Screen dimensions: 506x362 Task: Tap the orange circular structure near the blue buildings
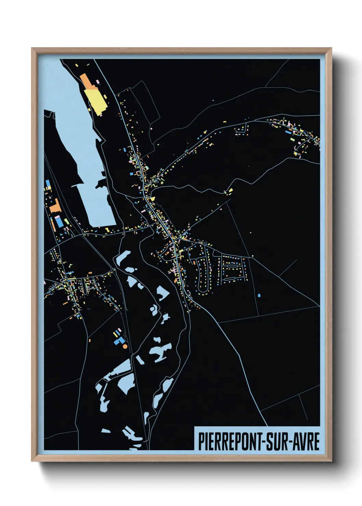(x=125, y=346)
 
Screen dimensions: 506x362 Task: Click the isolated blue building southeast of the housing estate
(x=259, y=295)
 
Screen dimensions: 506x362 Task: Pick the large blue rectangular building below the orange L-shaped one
(x=59, y=222)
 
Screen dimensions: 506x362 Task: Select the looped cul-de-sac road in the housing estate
(x=202, y=277)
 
